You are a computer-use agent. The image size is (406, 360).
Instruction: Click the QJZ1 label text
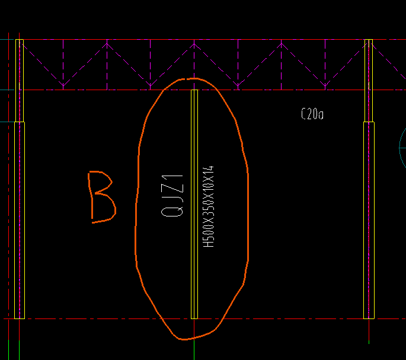click(172, 196)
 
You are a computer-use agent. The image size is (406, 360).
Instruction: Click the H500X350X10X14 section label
click(209, 206)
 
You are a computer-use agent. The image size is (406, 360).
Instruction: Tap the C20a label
click(312, 114)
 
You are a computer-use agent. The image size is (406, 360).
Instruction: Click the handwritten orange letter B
click(102, 197)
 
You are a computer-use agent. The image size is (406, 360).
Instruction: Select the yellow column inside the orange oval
click(194, 204)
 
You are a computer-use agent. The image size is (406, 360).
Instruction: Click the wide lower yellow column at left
click(20, 220)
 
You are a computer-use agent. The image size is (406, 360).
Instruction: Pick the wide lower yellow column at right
click(369, 220)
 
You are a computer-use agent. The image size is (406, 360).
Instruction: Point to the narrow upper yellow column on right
click(369, 81)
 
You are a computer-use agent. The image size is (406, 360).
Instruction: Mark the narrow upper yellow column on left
click(20, 81)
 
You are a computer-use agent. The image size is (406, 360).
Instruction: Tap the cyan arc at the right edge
click(400, 148)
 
